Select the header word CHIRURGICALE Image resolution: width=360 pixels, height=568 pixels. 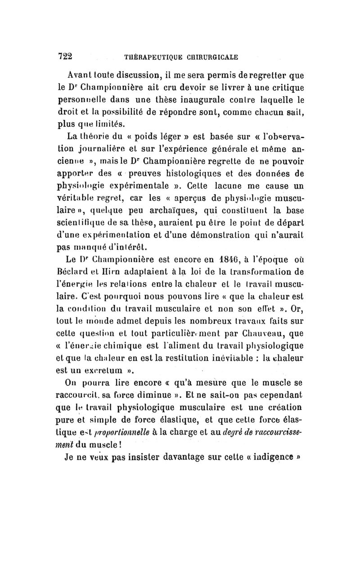pyautogui.click(x=209, y=58)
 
